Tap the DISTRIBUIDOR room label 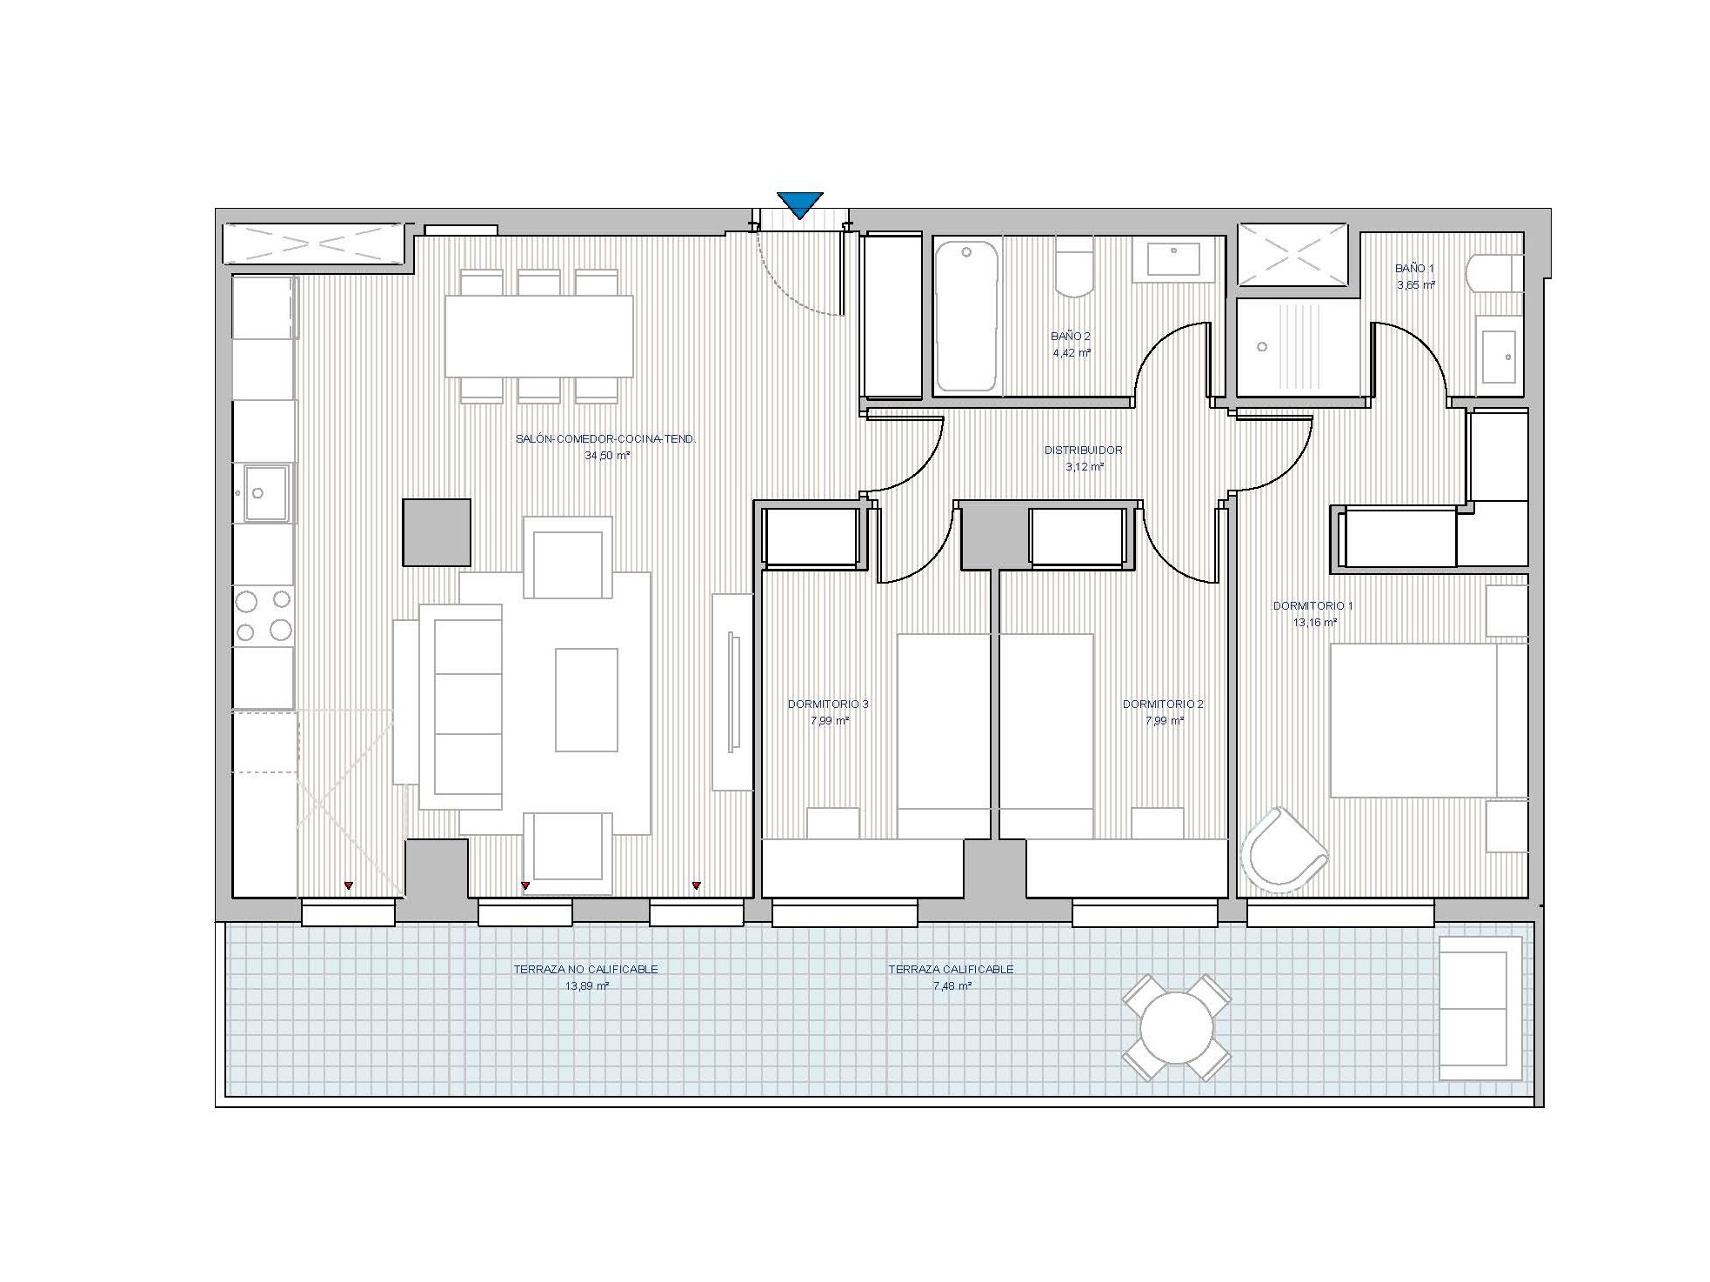[1083, 451]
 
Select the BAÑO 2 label [1071, 336]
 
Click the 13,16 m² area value [1314, 622]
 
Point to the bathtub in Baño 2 [966, 316]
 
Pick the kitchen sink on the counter [266, 493]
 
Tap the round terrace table [1176, 1027]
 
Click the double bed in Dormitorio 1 [1428, 720]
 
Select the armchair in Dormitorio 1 [1284, 850]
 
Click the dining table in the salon [538, 336]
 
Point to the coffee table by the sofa [586, 700]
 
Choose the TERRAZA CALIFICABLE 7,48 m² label [951, 978]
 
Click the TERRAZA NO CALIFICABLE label [585, 969]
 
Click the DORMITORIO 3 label [828, 704]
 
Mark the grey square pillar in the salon [437, 532]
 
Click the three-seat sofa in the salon [460, 707]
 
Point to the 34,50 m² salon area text [607, 456]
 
